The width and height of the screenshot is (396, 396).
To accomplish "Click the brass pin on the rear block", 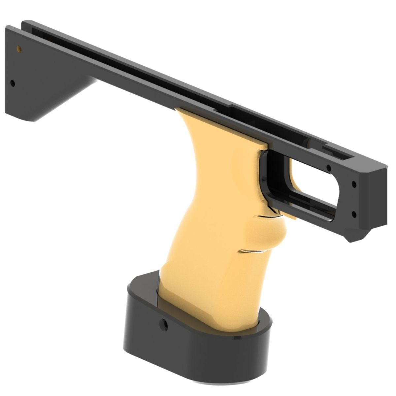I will click(x=19, y=49).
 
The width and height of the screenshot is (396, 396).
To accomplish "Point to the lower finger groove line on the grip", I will click(x=251, y=251).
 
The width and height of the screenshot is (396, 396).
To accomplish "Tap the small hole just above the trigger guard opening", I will click(x=329, y=168).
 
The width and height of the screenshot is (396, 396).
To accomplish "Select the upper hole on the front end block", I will click(x=354, y=184).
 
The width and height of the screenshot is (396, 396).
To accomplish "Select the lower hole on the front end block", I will click(x=354, y=214).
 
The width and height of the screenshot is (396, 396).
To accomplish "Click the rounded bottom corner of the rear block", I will click(x=26, y=117).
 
